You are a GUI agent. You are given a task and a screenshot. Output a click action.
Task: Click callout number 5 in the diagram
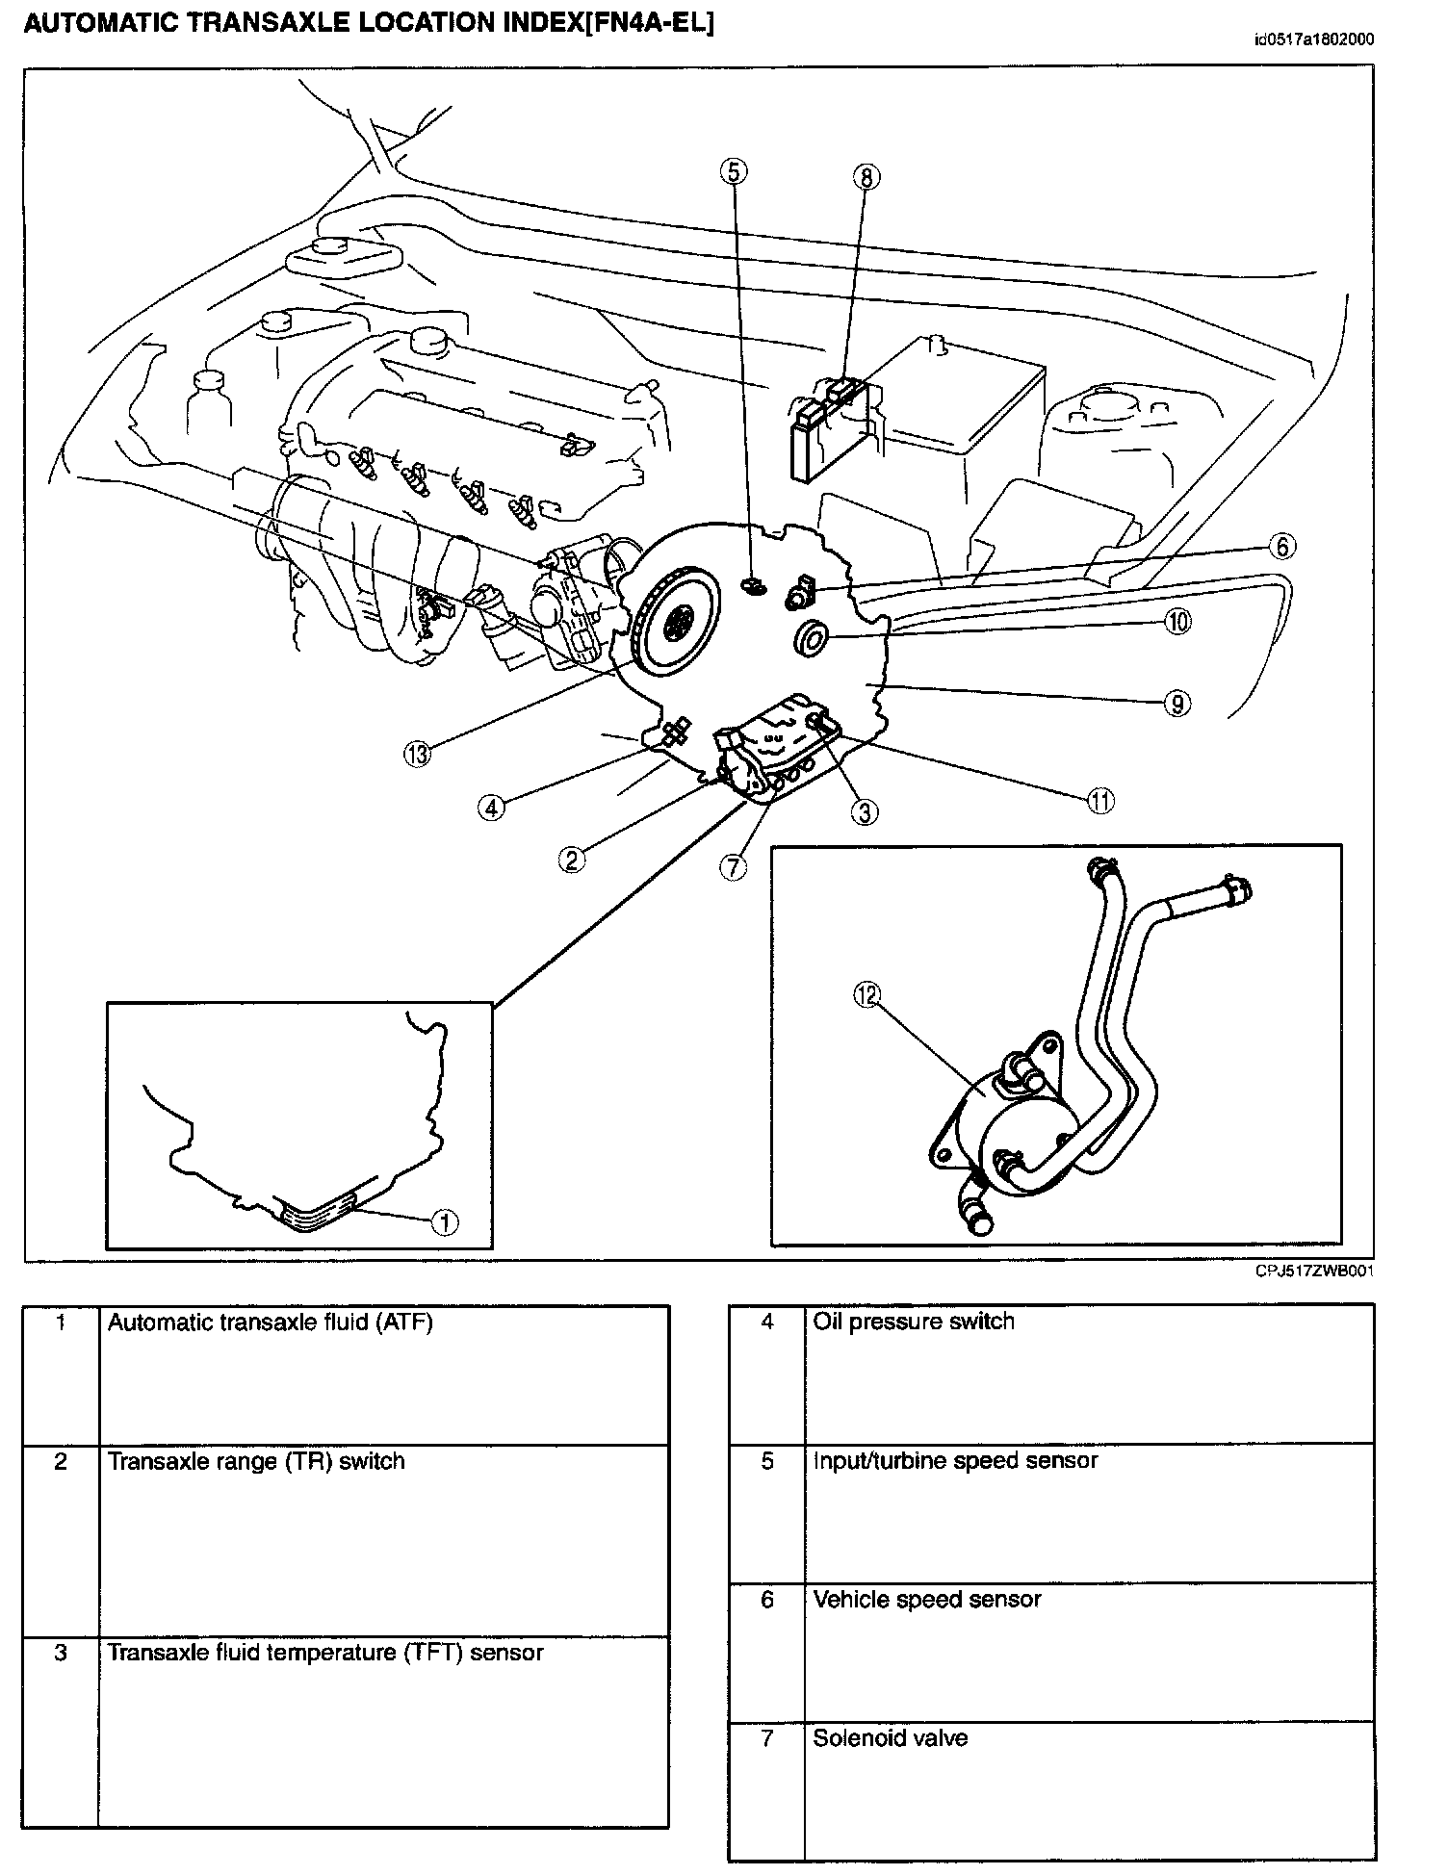pos(734,172)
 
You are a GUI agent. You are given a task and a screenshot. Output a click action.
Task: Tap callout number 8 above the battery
pos(866,177)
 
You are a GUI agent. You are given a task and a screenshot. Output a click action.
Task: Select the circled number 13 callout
pos(417,755)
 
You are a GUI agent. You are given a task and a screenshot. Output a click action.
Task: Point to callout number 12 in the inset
pos(866,995)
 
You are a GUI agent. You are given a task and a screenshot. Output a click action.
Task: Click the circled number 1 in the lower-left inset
pos(444,1222)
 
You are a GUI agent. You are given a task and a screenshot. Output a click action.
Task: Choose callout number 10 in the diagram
pos(1177,622)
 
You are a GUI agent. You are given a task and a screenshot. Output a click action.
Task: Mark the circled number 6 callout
pos(1281,547)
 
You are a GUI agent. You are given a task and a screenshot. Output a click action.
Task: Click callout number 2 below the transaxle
pos(572,860)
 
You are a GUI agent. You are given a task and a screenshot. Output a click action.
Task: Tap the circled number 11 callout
pos(1100,800)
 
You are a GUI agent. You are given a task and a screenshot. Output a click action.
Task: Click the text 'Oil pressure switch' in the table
pos(913,1322)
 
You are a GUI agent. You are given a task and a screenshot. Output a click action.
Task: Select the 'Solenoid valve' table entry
pos(890,1738)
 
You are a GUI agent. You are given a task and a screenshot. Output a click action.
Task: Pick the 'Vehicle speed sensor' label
pos(926,1600)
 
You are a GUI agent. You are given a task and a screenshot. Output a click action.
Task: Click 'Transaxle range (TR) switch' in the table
pos(256,1461)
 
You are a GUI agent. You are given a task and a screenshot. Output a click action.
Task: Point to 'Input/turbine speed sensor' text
pos(955,1460)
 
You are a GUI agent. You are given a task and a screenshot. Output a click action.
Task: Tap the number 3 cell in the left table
pos(61,1654)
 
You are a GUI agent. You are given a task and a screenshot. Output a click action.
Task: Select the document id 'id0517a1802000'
pos(1313,39)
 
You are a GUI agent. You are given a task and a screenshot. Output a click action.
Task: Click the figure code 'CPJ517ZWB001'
pos(1313,1271)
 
